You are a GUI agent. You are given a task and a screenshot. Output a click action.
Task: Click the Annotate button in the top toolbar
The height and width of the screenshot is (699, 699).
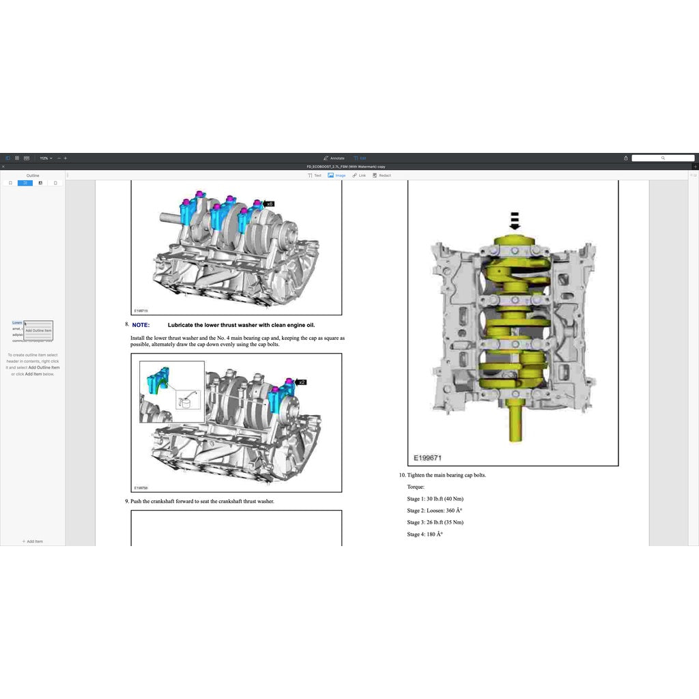tap(334, 158)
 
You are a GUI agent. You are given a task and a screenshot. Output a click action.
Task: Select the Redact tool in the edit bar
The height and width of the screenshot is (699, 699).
tap(382, 175)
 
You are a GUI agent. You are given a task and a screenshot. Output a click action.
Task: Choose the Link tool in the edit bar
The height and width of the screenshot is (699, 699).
tap(359, 175)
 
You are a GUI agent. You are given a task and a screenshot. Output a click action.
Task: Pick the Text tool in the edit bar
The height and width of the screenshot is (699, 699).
tap(315, 175)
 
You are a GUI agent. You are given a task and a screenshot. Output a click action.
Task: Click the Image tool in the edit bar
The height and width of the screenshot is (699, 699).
tap(337, 175)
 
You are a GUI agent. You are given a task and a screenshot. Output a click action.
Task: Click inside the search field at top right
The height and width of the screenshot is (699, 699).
tap(662, 158)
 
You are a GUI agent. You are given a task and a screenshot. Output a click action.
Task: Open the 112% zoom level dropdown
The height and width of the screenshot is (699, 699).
tap(46, 158)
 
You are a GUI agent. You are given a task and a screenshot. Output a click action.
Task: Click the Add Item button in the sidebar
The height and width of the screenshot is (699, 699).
tap(32, 541)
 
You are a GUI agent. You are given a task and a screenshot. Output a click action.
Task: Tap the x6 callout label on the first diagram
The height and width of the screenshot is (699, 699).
tap(269, 203)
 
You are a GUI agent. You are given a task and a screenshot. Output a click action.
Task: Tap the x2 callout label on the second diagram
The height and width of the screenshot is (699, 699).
tap(301, 382)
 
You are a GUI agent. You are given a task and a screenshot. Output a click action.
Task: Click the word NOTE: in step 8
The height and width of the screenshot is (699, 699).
tap(141, 326)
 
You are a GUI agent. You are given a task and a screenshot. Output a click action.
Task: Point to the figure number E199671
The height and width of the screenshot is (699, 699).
tap(427, 458)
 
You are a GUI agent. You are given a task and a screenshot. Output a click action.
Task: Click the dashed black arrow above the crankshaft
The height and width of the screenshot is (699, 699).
tap(515, 220)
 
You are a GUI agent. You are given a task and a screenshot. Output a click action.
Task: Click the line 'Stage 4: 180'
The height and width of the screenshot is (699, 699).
tap(425, 534)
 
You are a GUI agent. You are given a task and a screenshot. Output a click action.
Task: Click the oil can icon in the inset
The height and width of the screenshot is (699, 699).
tap(184, 401)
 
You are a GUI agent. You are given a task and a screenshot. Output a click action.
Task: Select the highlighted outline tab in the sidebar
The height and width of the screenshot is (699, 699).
tap(25, 183)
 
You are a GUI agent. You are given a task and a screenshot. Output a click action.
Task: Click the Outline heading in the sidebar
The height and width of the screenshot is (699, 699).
tap(32, 175)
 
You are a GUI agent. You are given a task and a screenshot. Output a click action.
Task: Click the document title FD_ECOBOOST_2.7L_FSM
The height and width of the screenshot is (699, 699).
tap(349, 167)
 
